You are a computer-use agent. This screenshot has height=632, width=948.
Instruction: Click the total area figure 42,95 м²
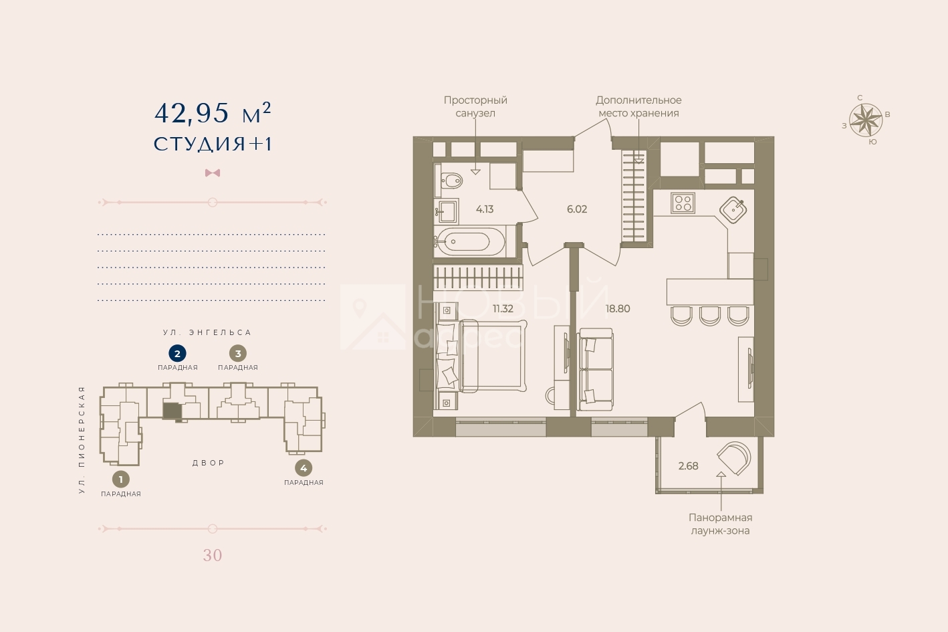click(213, 114)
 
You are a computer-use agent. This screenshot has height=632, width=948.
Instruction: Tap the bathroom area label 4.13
click(485, 209)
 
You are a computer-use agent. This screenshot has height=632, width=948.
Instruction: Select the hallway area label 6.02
click(577, 209)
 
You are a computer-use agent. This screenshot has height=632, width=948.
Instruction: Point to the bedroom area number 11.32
click(503, 308)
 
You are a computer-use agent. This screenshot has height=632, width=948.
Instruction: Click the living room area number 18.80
click(618, 308)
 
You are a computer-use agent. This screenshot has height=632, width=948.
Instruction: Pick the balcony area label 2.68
click(688, 466)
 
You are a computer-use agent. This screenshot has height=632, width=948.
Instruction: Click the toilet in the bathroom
click(449, 181)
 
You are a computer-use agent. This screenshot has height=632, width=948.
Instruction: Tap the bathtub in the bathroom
click(470, 241)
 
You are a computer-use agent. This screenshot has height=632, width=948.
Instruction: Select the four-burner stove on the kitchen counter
click(683, 203)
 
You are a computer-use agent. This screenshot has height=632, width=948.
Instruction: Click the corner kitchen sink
click(733, 209)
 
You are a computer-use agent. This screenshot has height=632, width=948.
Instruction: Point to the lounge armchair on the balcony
click(734, 458)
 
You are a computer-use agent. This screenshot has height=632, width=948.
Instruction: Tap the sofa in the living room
click(596, 370)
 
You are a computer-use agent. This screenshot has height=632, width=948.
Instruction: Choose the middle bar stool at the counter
click(710, 316)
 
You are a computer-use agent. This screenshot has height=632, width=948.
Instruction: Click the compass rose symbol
click(866, 120)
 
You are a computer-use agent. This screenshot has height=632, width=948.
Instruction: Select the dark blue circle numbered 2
click(177, 354)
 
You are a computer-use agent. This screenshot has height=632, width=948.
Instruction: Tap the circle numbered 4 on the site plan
click(304, 468)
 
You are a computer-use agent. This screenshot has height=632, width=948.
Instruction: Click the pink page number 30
click(213, 555)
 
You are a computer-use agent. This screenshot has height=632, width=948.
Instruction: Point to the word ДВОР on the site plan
click(209, 463)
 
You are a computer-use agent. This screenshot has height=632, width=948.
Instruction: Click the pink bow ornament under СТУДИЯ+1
click(213, 173)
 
